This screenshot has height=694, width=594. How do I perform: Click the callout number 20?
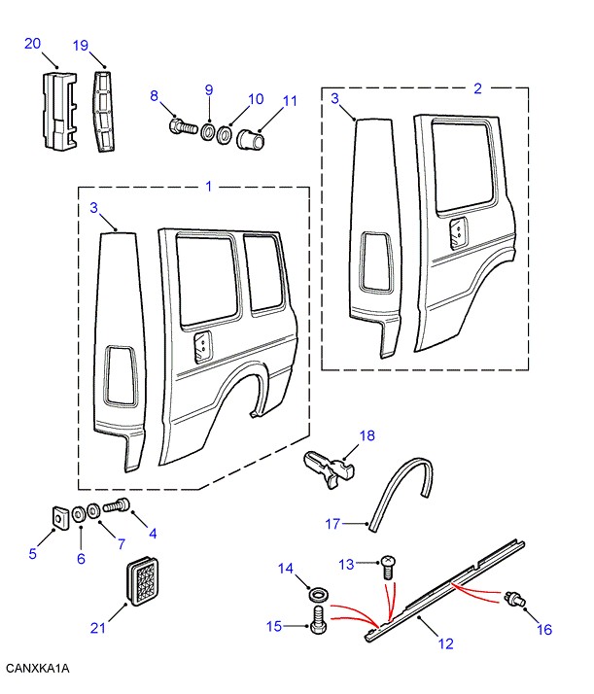tap(32, 43)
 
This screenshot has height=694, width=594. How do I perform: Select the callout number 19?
tap(81, 45)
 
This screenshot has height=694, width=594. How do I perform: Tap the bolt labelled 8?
tap(182, 125)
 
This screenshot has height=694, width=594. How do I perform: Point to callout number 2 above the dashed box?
tap(477, 88)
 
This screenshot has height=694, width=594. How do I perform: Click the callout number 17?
tap(332, 524)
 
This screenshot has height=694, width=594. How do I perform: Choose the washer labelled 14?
tap(317, 593)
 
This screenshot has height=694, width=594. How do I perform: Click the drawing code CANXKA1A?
tap(38, 669)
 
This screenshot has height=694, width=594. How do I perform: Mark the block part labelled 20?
tap(57, 110)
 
